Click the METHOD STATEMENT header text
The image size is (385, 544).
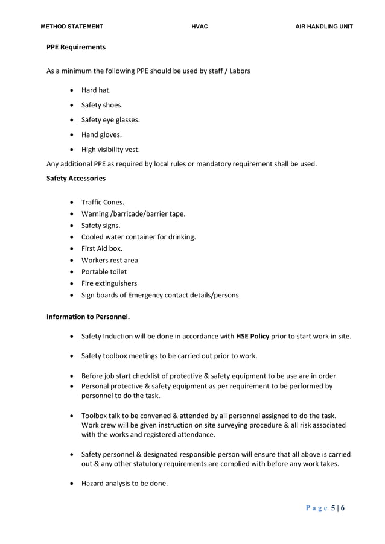pos(72,27)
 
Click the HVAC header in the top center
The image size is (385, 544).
pos(199,27)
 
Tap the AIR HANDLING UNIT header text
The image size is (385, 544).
pos(323,27)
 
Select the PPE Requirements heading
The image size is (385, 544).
pos(76,47)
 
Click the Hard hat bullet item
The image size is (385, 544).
pos(96,90)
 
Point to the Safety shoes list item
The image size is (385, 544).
pos(102,105)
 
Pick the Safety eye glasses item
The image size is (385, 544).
pos(110,120)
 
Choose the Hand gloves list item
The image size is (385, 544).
pos(101,134)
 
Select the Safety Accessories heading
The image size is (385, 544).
pos(76,179)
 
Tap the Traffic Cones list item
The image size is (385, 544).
pos(103,203)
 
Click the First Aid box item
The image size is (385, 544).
pos(101,248)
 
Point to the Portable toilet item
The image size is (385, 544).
pos(104,272)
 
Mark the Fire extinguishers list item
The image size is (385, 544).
pos(109,283)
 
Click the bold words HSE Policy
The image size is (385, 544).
pos(252,336)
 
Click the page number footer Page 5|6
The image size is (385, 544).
pos(325,508)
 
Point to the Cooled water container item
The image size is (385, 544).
pos(138,237)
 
